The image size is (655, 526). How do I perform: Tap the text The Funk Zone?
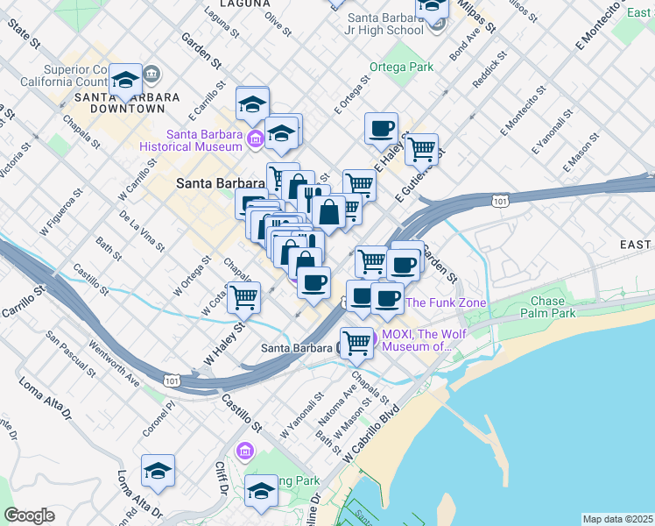tap(446, 302)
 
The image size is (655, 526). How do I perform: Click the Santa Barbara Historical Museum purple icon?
tap(256, 139)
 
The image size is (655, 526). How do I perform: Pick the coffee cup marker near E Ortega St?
tap(381, 129)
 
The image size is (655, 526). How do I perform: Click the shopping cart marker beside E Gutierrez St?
tap(421, 149)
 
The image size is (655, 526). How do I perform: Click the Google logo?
tap(29, 515)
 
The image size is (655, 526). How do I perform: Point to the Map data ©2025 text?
tap(617, 519)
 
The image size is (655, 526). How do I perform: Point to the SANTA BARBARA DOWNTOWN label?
tap(127, 103)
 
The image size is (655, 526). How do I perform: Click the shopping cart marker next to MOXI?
tap(356, 342)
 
